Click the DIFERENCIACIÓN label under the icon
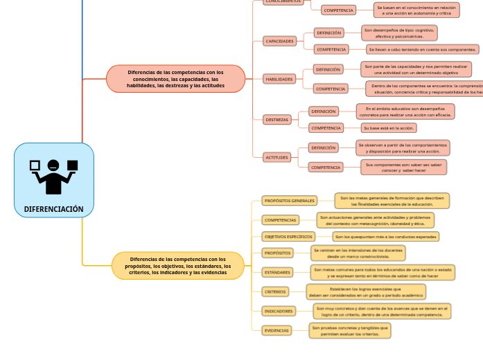pyautogui.click(x=53, y=208)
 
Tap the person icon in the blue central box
pyautogui.click(x=53, y=176)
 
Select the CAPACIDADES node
pyautogui.click(x=280, y=41)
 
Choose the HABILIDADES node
pyautogui.click(x=280, y=79)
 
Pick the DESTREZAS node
pyautogui.click(x=277, y=120)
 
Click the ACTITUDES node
pyautogui.click(x=277, y=157)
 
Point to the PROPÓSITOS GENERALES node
pyautogui.click(x=290, y=201)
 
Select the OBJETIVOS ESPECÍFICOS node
pyautogui.click(x=288, y=236)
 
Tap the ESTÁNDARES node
pyautogui.click(x=277, y=272)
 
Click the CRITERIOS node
pyautogui.click(x=275, y=291)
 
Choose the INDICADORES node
pyautogui.click(x=279, y=311)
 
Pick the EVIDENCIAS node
pyautogui.click(x=276, y=330)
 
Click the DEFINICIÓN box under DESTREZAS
pyautogui.click(x=324, y=111)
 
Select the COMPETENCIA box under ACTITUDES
pyautogui.click(x=326, y=167)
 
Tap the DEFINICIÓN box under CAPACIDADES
pyautogui.click(x=328, y=33)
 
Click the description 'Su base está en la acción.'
pyautogui.click(x=389, y=128)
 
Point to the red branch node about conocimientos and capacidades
pyautogui.click(x=175, y=79)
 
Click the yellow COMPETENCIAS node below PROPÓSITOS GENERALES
pyautogui.click(x=281, y=220)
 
